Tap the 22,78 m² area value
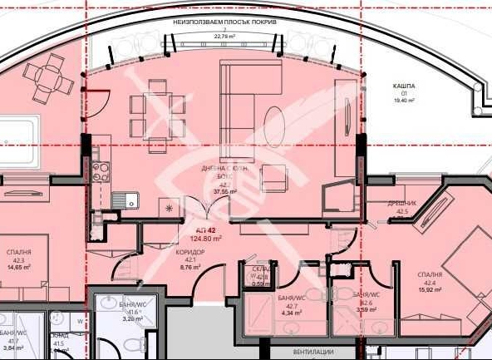224,37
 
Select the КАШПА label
404,86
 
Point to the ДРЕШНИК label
402,204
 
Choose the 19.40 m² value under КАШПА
405,100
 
